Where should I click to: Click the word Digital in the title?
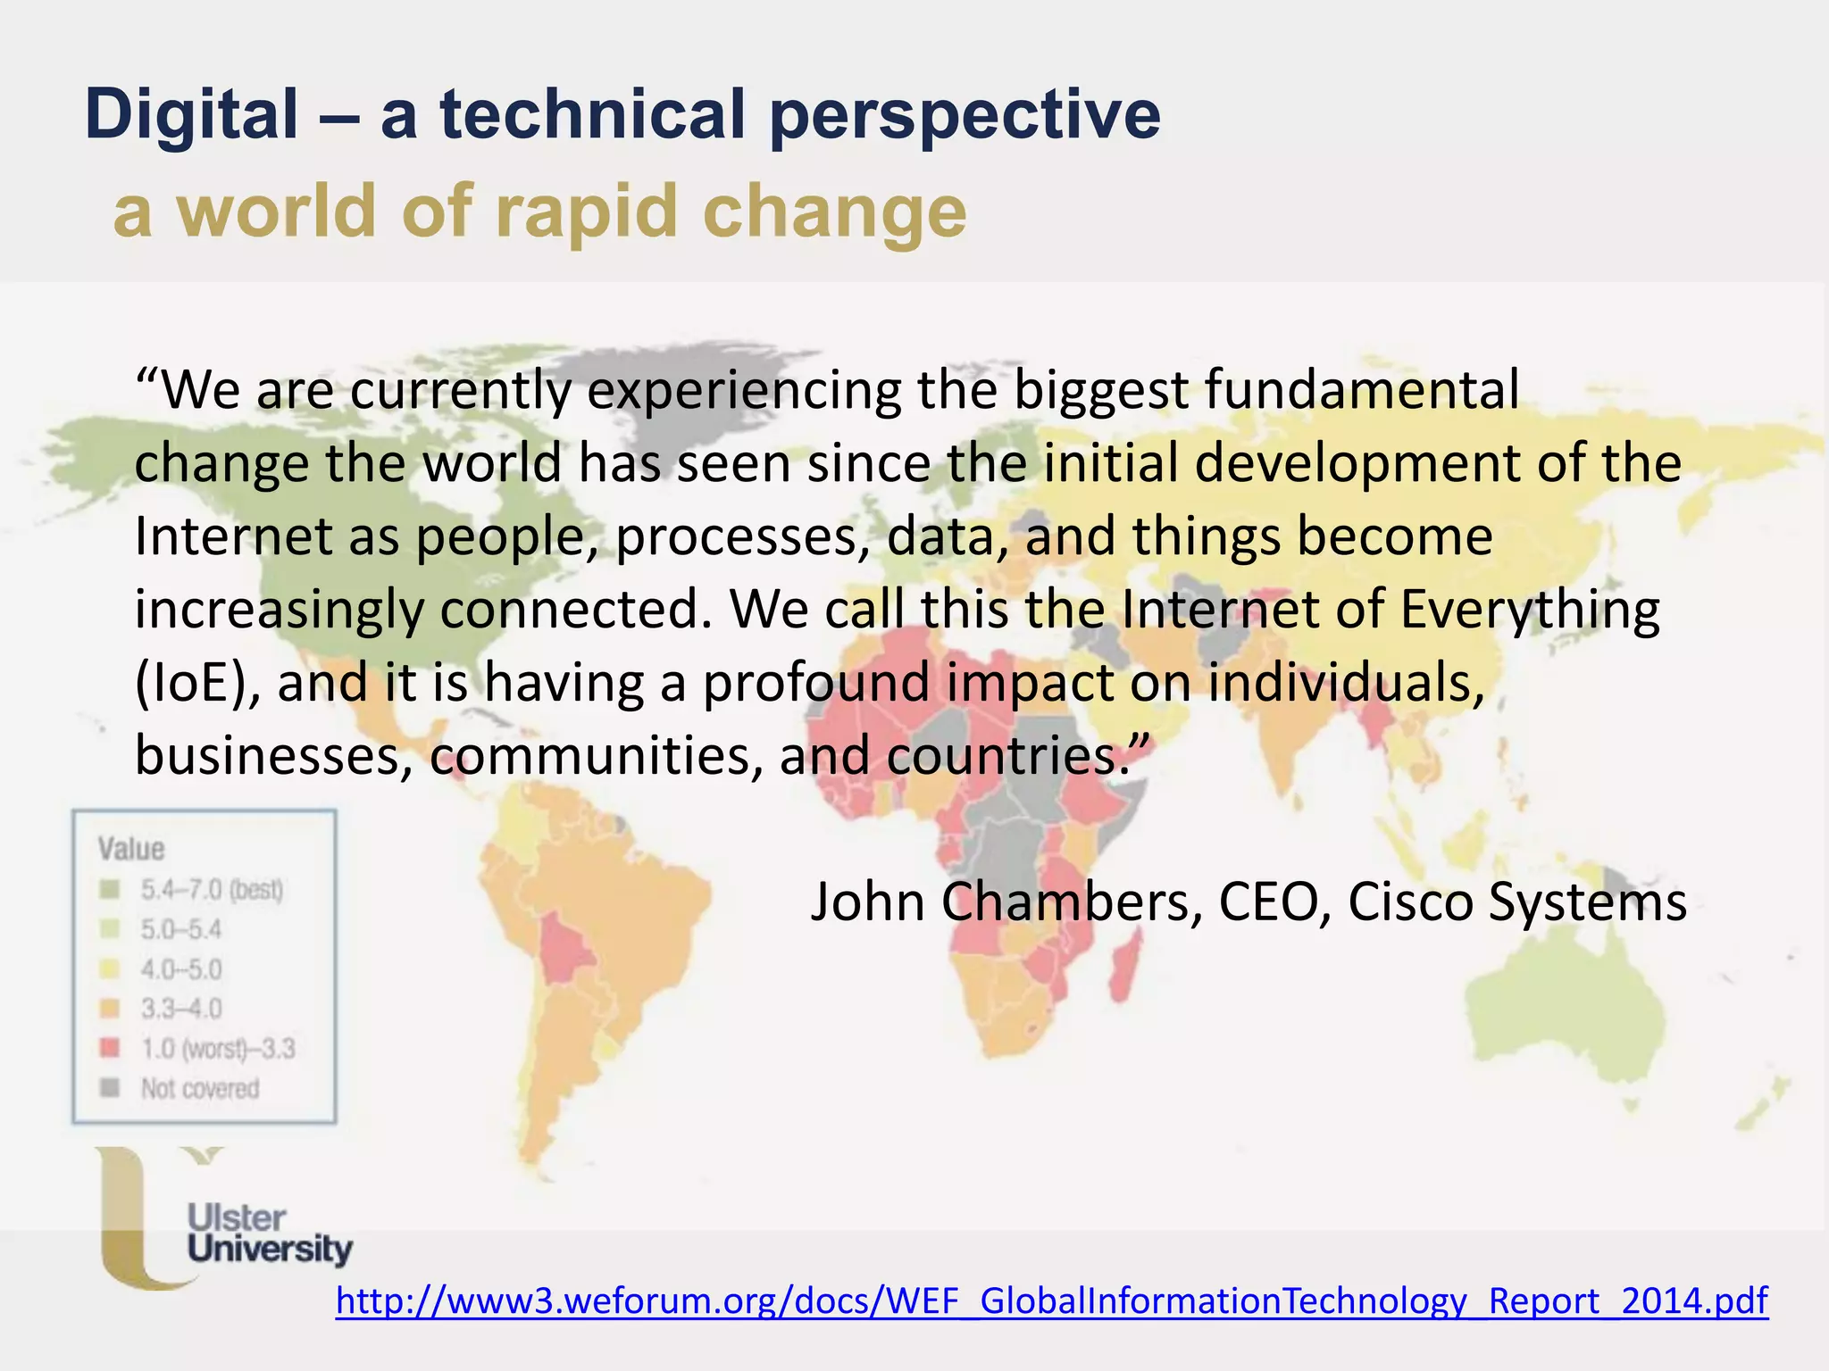coord(191,114)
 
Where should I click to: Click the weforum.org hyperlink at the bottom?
coord(1051,1301)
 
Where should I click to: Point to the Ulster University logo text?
coord(268,1234)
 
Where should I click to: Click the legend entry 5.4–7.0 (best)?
coord(211,890)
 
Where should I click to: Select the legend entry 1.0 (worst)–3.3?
coord(217,1049)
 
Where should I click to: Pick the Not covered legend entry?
coord(199,1089)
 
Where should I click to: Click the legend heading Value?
coord(131,849)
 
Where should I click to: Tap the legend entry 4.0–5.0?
coord(180,969)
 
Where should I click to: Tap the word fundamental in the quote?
coord(1361,391)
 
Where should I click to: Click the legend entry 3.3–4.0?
coord(180,1010)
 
